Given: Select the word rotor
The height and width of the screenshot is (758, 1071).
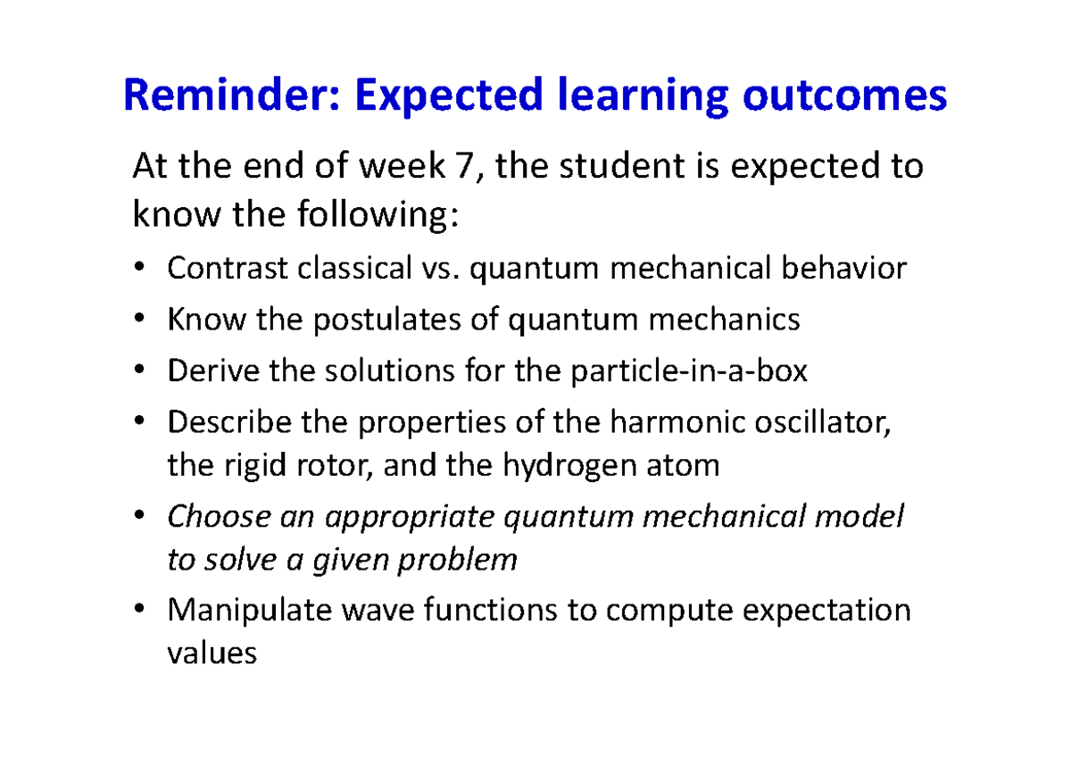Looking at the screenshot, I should point(327,465).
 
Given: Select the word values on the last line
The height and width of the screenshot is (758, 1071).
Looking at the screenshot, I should point(212,654).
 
